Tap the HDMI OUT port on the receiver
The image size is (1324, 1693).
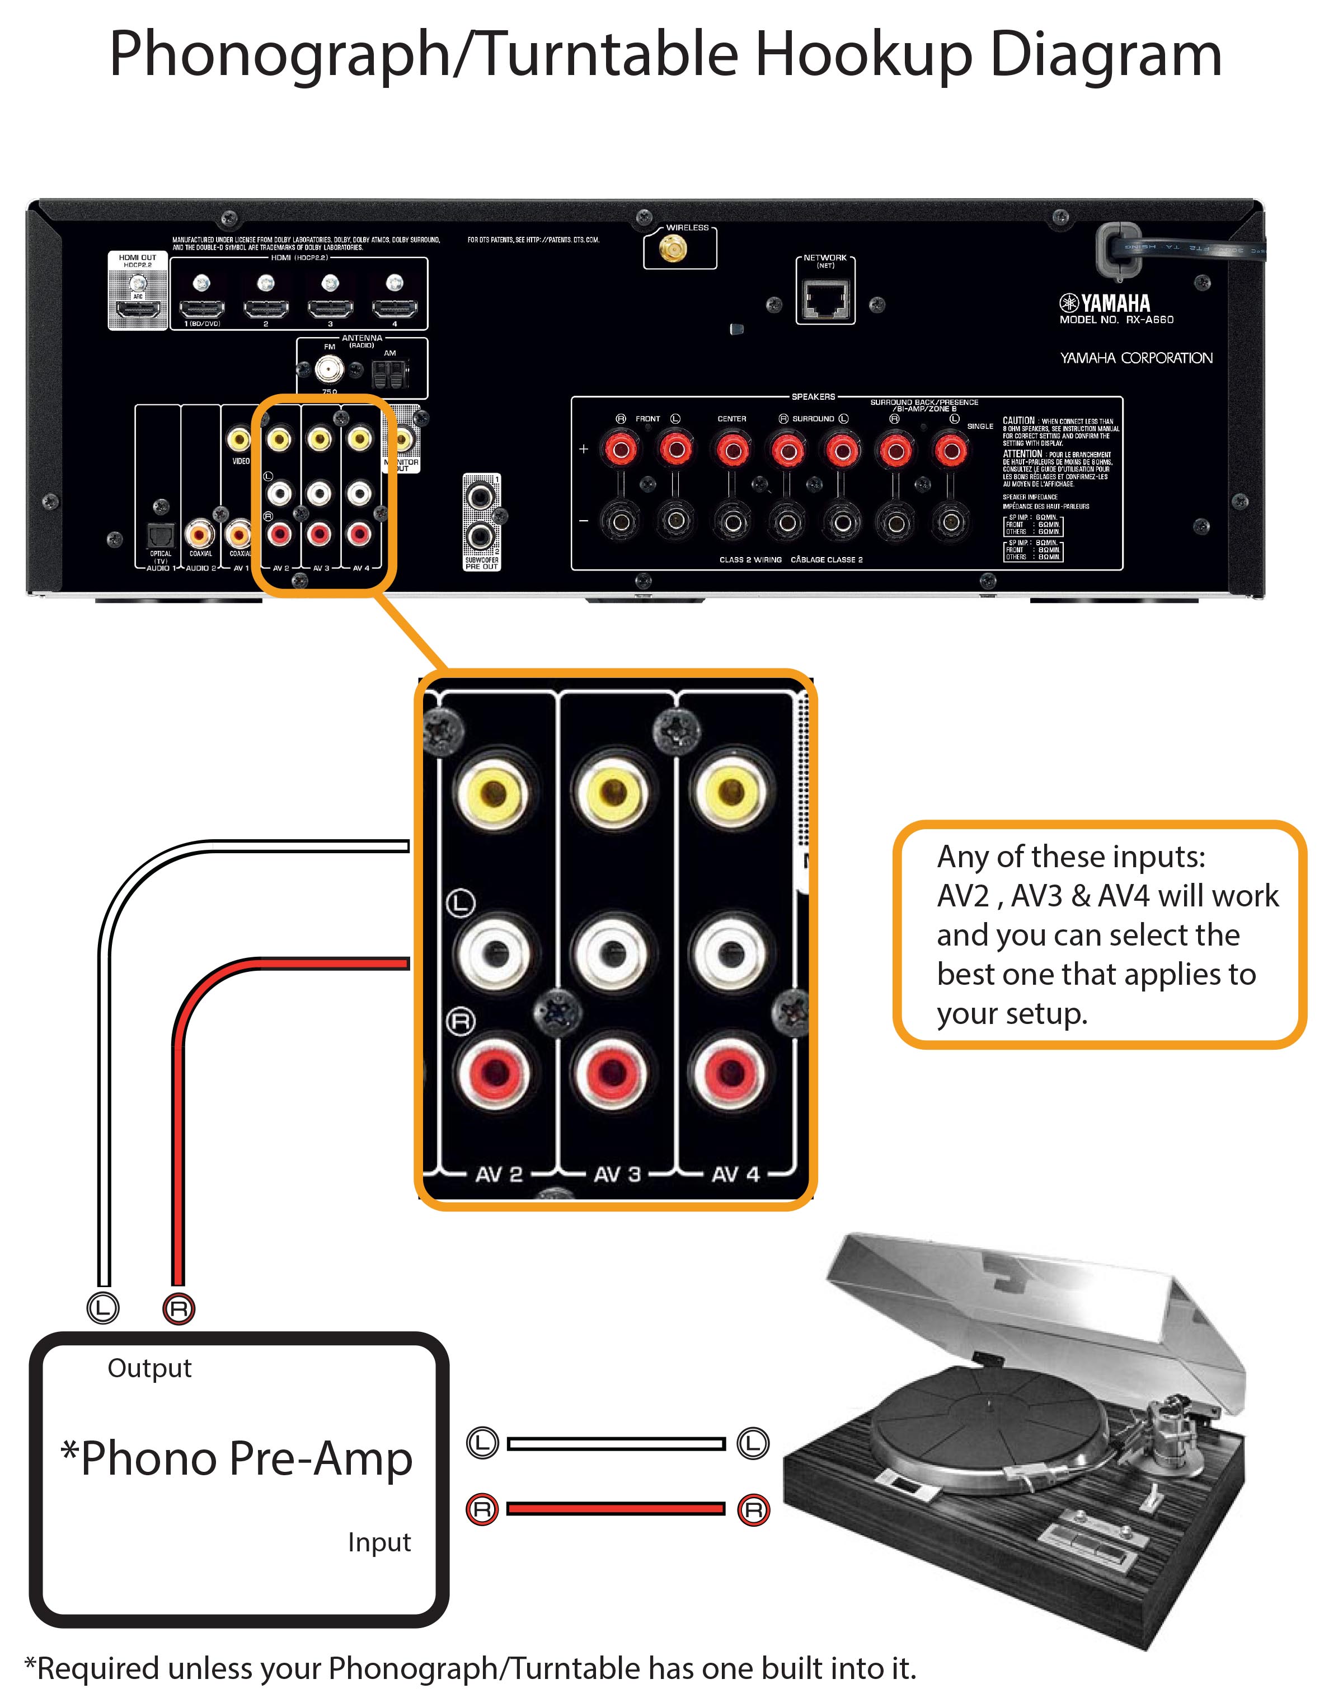click(x=138, y=310)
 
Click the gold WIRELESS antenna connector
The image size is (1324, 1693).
click(x=672, y=250)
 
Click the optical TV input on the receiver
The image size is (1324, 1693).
click(x=161, y=536)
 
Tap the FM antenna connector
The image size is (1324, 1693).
click(x=330, y=370)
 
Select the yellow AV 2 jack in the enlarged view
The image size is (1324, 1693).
click(x=493, y=793)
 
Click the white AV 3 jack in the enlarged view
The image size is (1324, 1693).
click(x=612, y=952)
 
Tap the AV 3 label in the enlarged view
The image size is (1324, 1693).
click(x=617, y=1174)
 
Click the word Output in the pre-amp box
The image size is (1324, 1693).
click(x=149, y=1368)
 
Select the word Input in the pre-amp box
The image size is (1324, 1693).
click(x=379, y=1542)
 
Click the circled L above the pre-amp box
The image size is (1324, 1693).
click(x=102, y=1309)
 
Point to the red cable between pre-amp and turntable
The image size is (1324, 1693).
click(x=616, y=1508)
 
